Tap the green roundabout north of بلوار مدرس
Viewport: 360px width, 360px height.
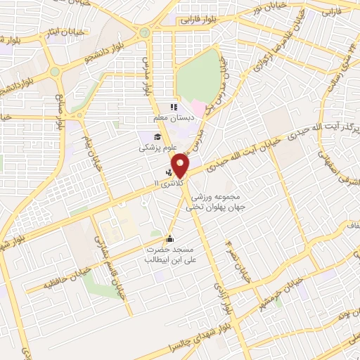pyautogui.click(x=145, y=32)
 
